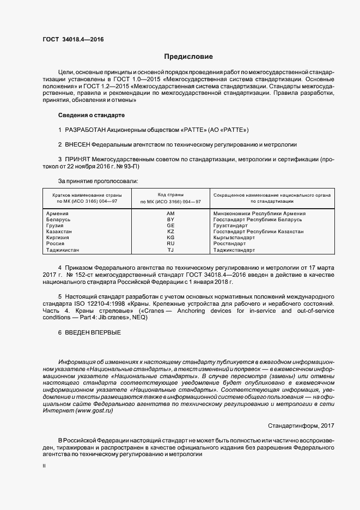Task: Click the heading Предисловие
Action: [x=189, y=57]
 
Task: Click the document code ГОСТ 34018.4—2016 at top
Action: [x=73, y=39]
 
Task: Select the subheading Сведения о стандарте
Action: [x=91, y=116]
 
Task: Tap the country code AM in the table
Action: [x=170, y=214]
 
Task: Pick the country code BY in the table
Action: [x=170, y=220]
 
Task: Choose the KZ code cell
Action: [x=170, y=232]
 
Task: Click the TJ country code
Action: [x=170, y=250]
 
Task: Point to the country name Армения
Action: [x=58, y=214]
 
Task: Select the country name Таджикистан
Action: [x=63, y=250]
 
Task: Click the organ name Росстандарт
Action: [x=229, y=244]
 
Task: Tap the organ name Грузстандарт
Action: [x=231, y=226]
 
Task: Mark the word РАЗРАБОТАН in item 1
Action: [x=89, y=130]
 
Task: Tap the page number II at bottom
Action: [x=44, y=467]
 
